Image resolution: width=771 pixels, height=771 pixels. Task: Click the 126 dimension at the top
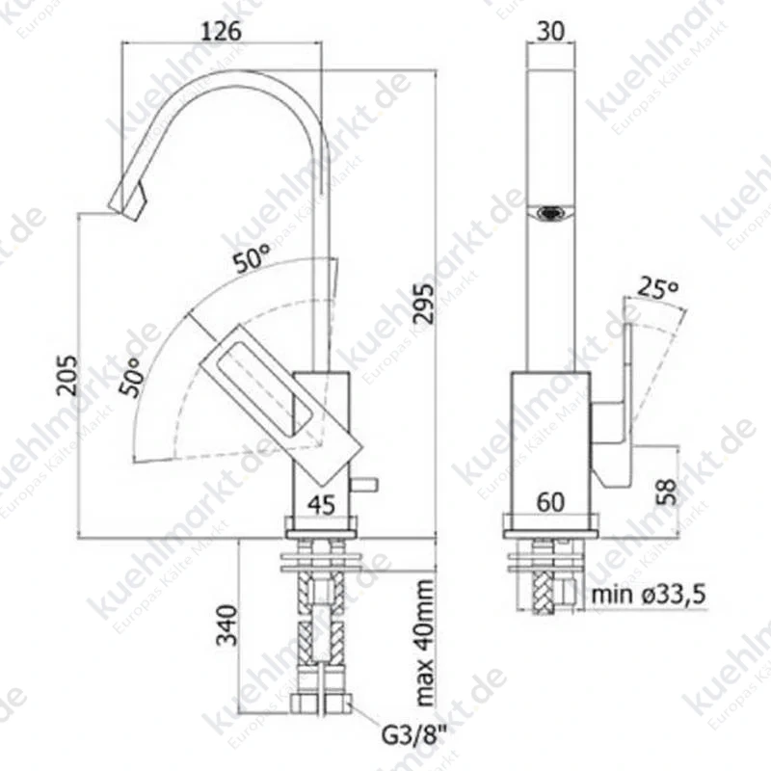222,31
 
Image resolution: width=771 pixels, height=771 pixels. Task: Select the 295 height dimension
424,304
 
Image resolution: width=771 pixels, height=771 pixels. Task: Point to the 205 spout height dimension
66,375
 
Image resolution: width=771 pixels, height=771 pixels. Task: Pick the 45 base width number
322,504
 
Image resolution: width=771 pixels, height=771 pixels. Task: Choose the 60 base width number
550,502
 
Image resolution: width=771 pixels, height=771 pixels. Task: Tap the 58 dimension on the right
667,492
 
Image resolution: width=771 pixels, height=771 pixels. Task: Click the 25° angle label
658,288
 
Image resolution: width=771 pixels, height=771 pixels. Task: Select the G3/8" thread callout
414,736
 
